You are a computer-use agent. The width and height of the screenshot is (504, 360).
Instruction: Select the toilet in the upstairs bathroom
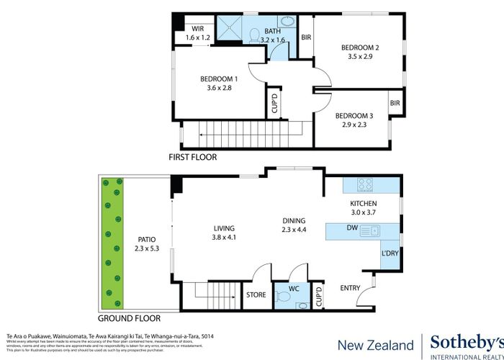[253, 34]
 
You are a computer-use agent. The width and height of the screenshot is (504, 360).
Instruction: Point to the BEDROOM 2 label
[359, 48]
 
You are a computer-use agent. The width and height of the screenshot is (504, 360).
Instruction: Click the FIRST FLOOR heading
[192, 157]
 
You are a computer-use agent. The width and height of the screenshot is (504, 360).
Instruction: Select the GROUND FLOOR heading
[129, 318]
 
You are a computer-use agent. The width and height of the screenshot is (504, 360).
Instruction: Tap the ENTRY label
[350, 288]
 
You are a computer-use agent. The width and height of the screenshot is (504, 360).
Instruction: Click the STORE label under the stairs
[256, 294]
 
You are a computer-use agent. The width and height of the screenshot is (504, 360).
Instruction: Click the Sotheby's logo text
[466, 342]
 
